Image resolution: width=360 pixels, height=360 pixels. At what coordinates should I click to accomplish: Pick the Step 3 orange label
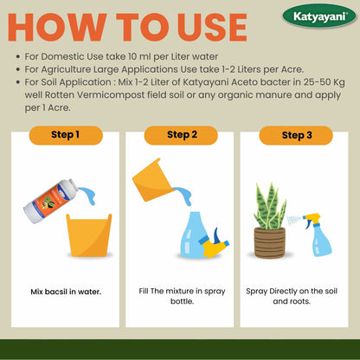pyautogui.click(x=295, y=135)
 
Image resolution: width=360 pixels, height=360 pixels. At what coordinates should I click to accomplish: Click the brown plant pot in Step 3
pyautogui.click(x=270, y=242)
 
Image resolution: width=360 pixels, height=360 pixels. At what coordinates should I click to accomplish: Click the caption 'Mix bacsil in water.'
pyautogui.click(x=66, y=292)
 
